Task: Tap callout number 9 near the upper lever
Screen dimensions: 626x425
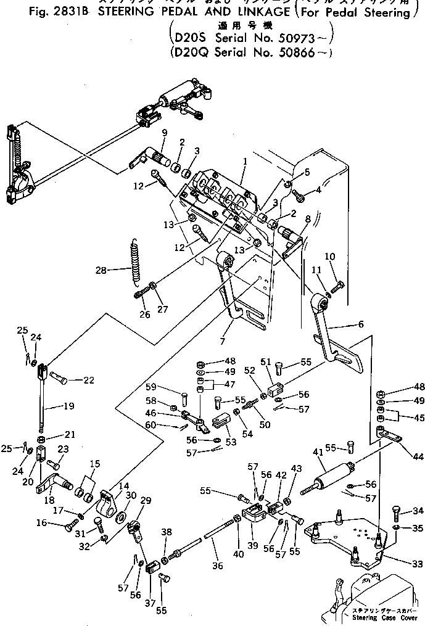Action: click(164, 133)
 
